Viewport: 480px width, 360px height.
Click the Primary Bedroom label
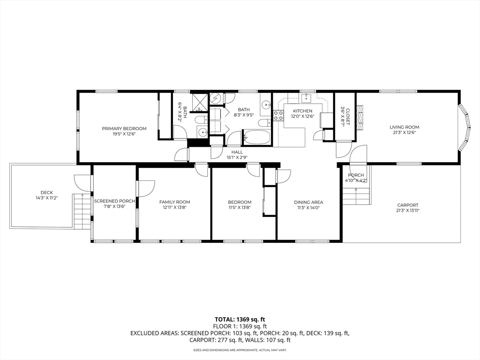(124, 128)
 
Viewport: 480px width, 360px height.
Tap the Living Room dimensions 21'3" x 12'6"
(404, 133)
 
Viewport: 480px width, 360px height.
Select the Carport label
(407, 205)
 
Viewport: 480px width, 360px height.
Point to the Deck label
(47, 193)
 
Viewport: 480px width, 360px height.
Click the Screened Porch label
(114, 201)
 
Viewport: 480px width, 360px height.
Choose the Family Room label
(174, 202)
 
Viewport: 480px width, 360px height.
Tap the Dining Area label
(308, 202)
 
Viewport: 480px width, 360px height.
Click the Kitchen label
(302, 111)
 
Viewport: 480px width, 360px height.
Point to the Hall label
(237, 152)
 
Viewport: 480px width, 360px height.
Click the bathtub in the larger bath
(256, 137)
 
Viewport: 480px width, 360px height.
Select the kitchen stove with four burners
(278, 115)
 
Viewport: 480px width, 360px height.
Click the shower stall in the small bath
(200, 103)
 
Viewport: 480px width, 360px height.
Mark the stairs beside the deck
(82, 211)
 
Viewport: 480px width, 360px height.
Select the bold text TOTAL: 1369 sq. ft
(240, 320)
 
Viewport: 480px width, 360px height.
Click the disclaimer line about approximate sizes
(240, 350)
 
